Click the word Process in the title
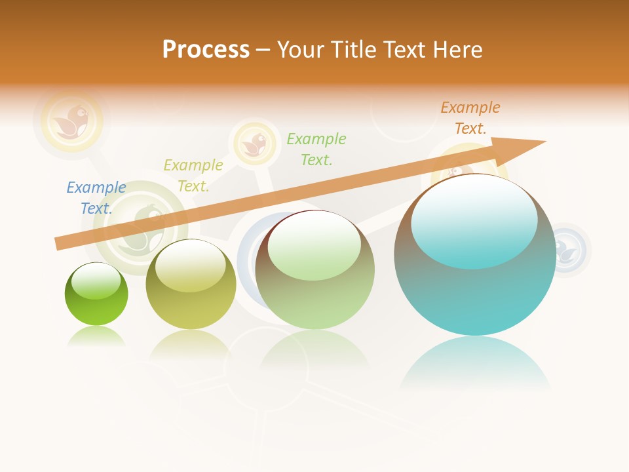click(206, 49)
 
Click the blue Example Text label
click(96, 198)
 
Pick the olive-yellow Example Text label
click(193, 176)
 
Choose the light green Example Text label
click(316, 149)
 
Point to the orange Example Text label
click(470, 118)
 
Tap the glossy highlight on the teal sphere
click(474, 220)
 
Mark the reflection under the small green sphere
click(96, 337)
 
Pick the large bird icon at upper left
click(71, 120)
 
